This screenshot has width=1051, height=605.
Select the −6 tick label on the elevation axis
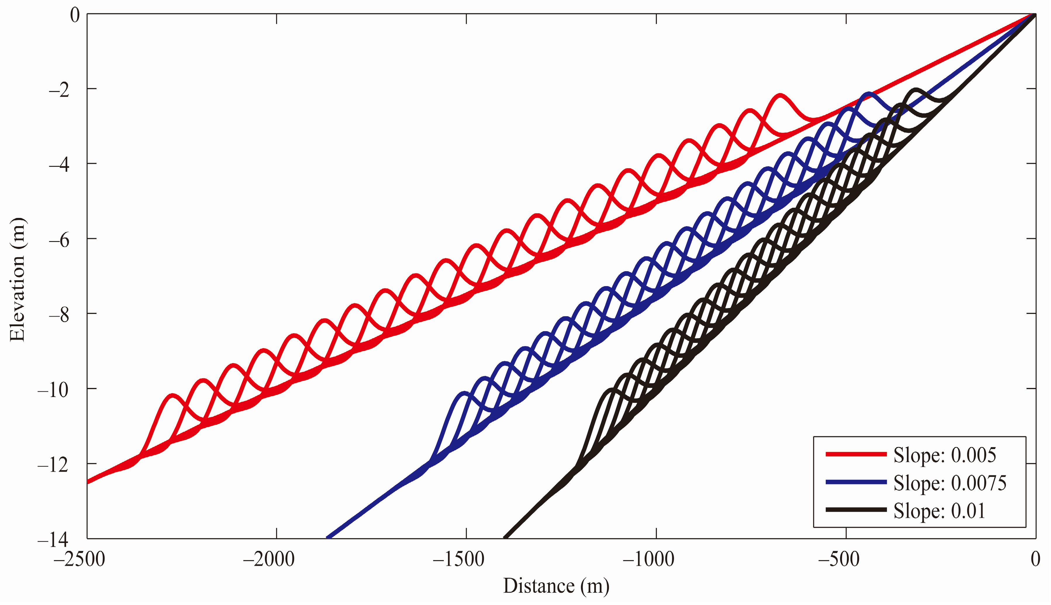click(x=59, y=240)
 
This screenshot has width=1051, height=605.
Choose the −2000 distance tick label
click(x=269, y=559)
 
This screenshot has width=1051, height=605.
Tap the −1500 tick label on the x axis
click(x=459, y=559)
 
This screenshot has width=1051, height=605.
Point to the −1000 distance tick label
click(x=649, y=559)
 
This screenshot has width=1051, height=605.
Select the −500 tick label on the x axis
click(x=839, y=559)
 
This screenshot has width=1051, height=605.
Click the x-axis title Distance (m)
click(x=556, y=586)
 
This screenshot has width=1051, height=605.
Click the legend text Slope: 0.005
click(x=945, y=455)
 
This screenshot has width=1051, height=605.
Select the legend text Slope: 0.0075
click(x=950, y=483)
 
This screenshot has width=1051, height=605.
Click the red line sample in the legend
click(x=856, y=454)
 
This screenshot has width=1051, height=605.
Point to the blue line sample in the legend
click(x=856, y=482)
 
